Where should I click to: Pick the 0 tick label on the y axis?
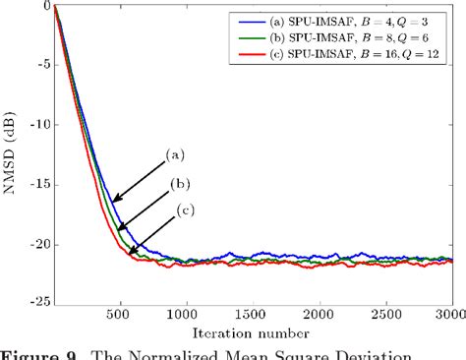(42, 7)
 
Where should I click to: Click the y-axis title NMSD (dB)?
(11, 155)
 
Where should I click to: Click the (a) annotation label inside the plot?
(175, 152)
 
